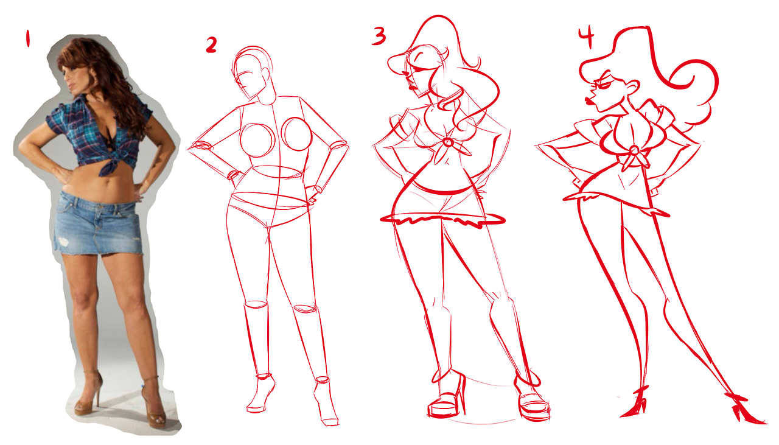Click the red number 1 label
pos(27,38)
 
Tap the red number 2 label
pos(211,45)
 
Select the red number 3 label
pos(379,36)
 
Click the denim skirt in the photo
pos(98,224)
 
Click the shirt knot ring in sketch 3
pos(448,142)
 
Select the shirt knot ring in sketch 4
pos(634,150)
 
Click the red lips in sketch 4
pos(590,102)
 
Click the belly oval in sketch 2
pos(277,172)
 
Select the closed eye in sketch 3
pos(418,57)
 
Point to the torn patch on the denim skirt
pos(65,241)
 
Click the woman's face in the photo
pos(74,81)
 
